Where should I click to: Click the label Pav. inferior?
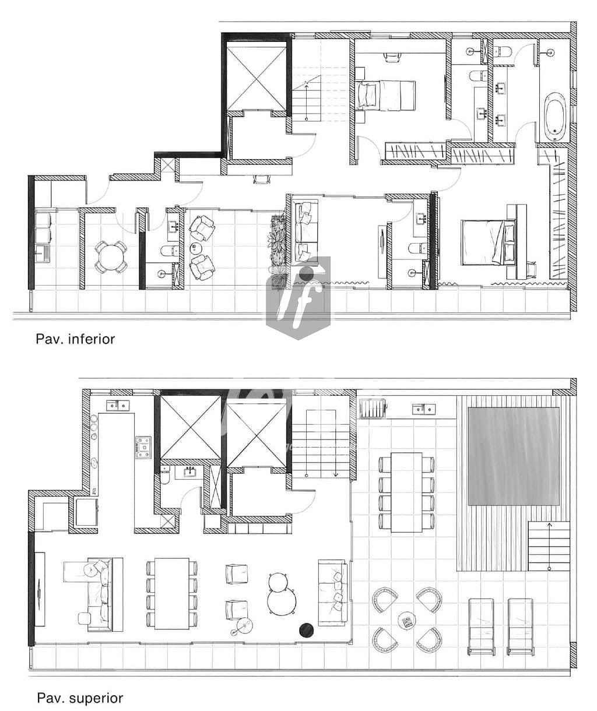pyautogui.click(x=75, y=339)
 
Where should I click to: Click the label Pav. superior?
pyautogui.click(x=80, y=698)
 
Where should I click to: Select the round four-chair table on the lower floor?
pyautogui.click(x=111, y=256)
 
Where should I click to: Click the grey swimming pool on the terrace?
pyautogui.click(x=513, y=456)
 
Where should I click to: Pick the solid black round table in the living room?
pyautogui.click(x=306, y=630)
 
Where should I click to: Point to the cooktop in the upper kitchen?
pyautogui.click(x=143, y=447)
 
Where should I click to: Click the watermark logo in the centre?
pyautogui.click(x=298, y=297)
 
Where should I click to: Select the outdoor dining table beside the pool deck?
pyautogui.click(x=406, y=492)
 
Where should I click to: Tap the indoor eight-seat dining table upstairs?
pyautogui.click(x=171, y=593)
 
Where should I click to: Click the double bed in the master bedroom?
pyautogui.click(x=489, y=242)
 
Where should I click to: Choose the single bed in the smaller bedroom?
pyautogui.click(x=385, y=95)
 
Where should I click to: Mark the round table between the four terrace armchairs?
pyautogui.click(x=406, y=621)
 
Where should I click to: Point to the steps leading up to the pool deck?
pyautogui.click(x=548, y=546)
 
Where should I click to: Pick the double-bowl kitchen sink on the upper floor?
pyautogui.click(x=118, y=405)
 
